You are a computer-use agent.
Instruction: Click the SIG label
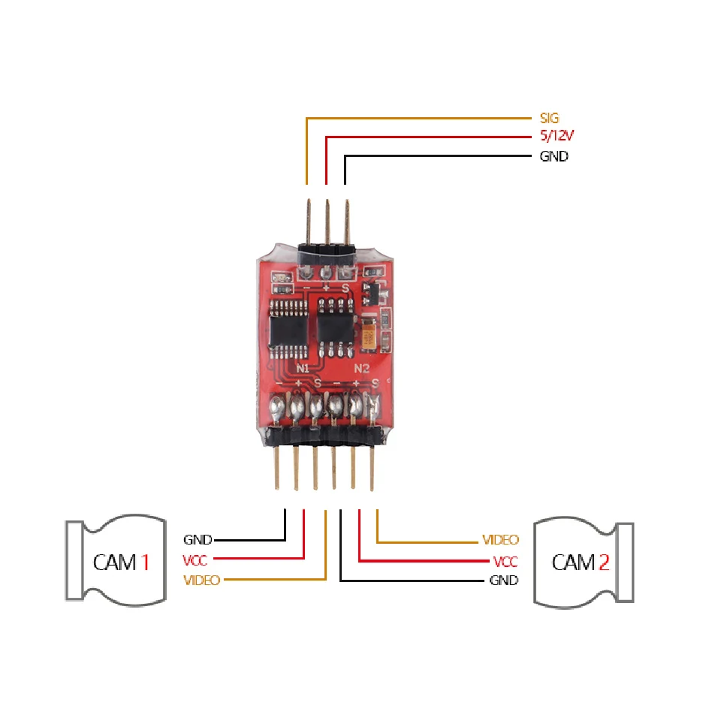pyautogui.click(x=550, y=118)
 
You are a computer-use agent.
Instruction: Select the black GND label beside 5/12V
pyautogui.click(x=554, y=157)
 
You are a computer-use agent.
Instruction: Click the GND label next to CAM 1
pyautogui.click(x=198, y=539)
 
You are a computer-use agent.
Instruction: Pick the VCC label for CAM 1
pyautogui.click(x=195, y=560)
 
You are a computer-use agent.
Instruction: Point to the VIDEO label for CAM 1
pyautogui.click(x=201, y=580)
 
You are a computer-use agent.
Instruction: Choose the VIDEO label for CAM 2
pyautogui.click(x=500, y=540)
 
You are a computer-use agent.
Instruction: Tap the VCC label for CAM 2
pyautogui.click(x=505, y=561)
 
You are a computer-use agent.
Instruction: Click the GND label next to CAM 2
pyautogui.click(x=503, y=581)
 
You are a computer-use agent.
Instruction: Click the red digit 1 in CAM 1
pyautogui.click(x=145, y=562)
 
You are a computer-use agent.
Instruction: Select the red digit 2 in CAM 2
pyautogui.click(x=603, y=562)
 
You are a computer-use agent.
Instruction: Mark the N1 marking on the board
pyautogui.click(x=303, y=369)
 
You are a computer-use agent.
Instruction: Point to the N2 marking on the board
pyautogui.click(x=362, y=369)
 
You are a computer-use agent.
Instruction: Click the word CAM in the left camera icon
pyautogui.click(x=115, y=562)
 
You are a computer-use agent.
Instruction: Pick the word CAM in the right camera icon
pyautogui.click(x=573, y=562)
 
